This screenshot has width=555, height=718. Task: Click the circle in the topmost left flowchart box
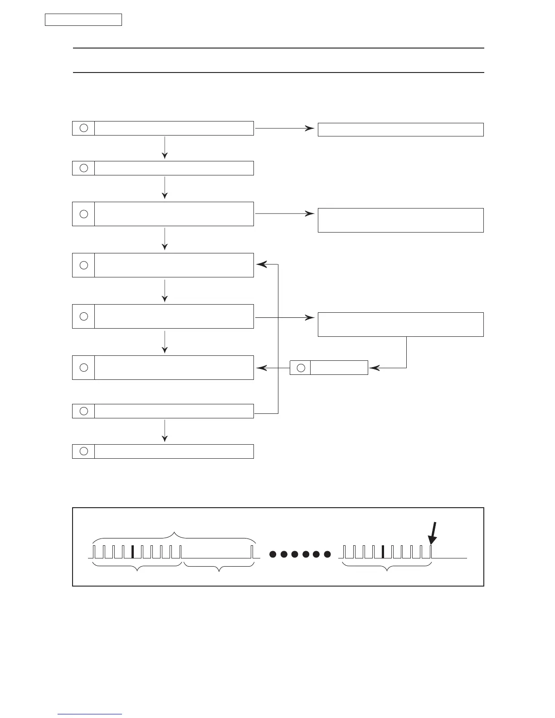(x=83, y=128)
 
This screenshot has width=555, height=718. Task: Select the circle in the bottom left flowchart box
(x=83, y=451)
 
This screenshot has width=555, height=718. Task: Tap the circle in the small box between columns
(x=300, y=368)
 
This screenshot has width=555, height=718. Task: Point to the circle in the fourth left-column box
(x=83, y=265)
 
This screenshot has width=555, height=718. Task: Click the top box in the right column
(x=400, y=130)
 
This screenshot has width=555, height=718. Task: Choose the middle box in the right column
(x=400, y=220)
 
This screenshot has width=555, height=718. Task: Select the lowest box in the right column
(x=400, y=324)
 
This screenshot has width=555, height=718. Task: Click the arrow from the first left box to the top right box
(x=285, y=128)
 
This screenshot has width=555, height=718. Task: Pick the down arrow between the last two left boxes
(x=165, y=431)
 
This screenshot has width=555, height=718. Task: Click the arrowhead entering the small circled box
(x=373, y=368)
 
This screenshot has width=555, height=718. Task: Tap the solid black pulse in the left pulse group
(x=132, y=552)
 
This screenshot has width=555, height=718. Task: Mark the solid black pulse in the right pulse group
(x=383, y=552)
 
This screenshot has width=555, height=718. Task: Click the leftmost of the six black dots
(x=273, y=554)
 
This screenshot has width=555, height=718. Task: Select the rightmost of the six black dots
(x=327, y=554)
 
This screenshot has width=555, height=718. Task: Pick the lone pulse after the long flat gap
(x=252, y=552)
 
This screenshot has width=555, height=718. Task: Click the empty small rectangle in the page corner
(x=83, y=20)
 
